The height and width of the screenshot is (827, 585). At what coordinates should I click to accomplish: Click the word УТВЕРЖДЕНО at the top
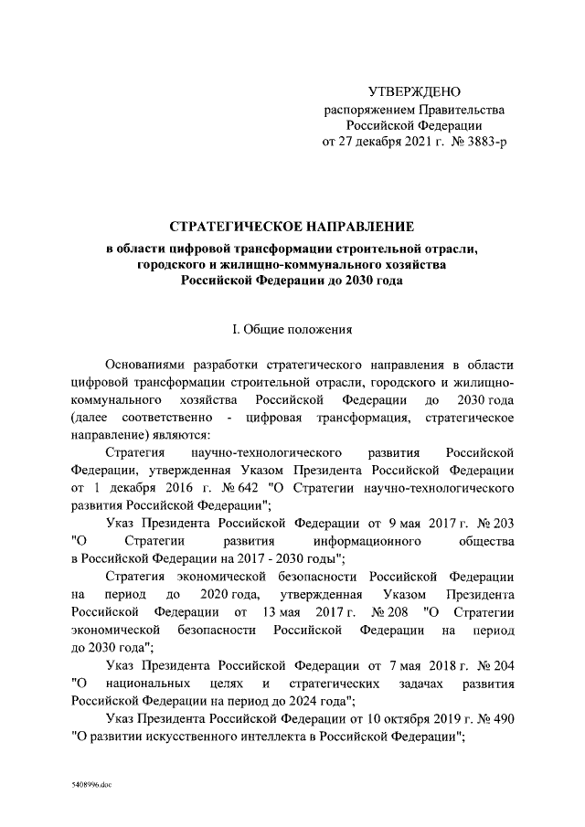coord(414,92)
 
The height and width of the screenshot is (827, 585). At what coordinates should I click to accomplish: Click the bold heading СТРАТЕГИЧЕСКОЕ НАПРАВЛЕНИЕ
coord(292,226)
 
